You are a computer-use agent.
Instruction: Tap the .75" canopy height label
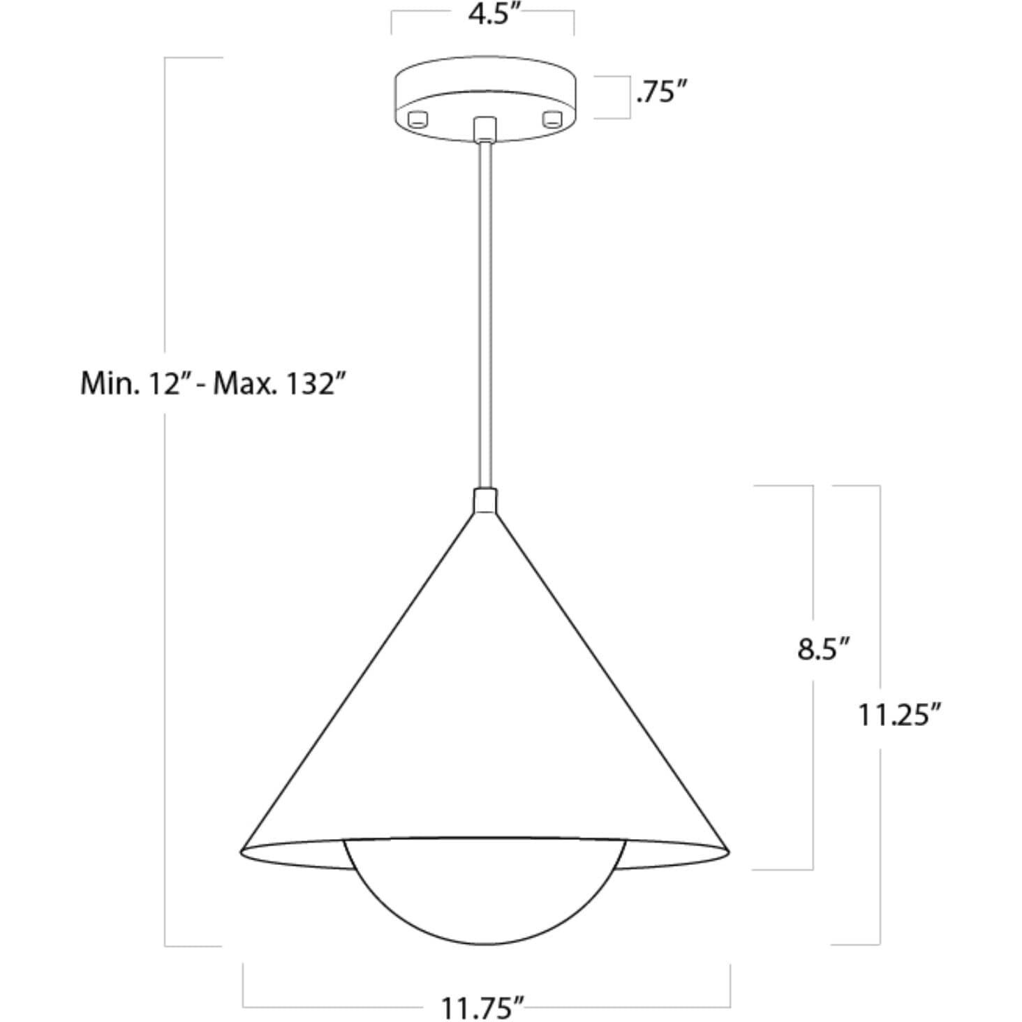[x=662, y=91]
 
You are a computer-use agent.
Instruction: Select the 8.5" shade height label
[x=824, y=649]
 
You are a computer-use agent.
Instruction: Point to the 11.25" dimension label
[x=901, y=715]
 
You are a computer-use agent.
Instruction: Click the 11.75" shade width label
[x=482, y=1007]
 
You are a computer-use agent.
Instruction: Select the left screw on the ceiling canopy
[x=418, y=118]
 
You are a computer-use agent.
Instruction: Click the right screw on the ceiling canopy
[x=552, y=118]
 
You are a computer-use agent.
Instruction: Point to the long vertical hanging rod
[x=484, y=314]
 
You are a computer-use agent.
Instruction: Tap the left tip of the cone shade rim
[x=243, y=850]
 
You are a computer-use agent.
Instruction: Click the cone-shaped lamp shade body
[x=484, y=698]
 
